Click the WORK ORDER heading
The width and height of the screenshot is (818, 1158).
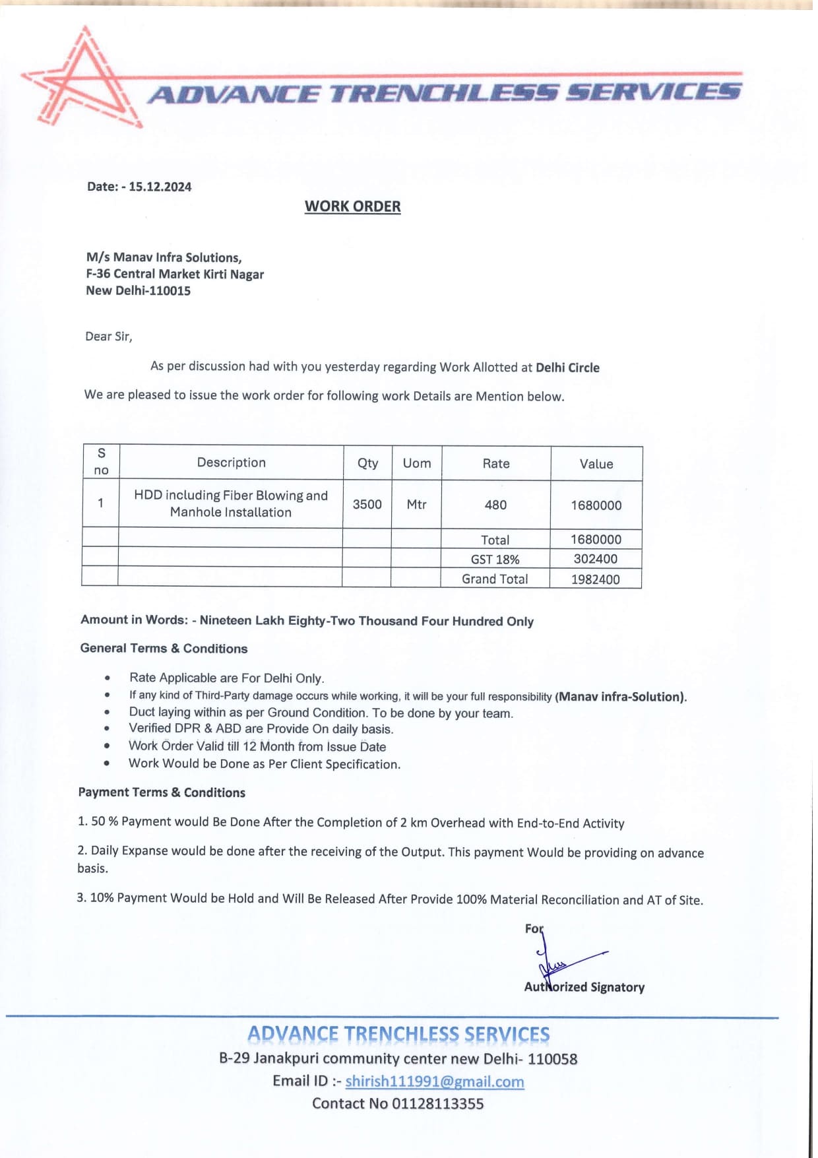point(352,207)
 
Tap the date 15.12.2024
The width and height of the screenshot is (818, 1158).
point(160,187)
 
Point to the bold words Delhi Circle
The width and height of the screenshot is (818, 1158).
point(567,368)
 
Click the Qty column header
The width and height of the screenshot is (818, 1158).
point(367,463)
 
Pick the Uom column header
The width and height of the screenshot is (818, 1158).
point(416,463)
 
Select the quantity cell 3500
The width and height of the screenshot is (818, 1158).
point(367,505)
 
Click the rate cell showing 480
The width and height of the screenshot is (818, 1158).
point(495,505)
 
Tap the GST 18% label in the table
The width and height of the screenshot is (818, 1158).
point(495,560)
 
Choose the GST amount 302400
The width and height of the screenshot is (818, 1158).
point(596,560)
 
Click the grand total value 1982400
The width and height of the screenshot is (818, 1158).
point(596,579)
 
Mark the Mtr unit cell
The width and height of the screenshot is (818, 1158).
point(416,505)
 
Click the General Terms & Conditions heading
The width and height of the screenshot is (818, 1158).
point(164,649)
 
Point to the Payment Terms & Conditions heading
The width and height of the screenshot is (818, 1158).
point(162,792)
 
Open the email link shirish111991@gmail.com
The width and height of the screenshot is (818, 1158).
point(434,1081)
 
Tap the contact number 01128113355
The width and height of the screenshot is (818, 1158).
point(437,1104)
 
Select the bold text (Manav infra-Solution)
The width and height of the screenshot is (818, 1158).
point(621,697)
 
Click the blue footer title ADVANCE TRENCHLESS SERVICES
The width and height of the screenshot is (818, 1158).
point(398,1035)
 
